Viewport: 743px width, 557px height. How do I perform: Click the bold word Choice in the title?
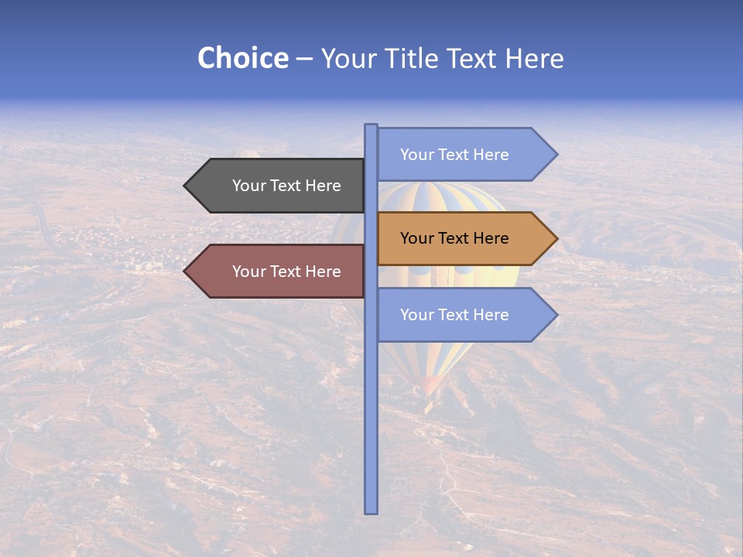tap(242, 58)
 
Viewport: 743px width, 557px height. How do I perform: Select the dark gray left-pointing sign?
tap(279, 186)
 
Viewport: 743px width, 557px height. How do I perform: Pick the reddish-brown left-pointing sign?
tap(279, 271)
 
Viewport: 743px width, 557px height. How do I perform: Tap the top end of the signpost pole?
tap(371, 126)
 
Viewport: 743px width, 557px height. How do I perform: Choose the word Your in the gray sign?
tap(248, 186)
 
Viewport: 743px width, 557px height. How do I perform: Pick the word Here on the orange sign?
tap(490, 238)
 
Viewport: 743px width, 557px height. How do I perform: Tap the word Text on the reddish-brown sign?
tap(286, 272)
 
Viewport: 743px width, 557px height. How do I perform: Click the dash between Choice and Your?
tap(304, 59)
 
